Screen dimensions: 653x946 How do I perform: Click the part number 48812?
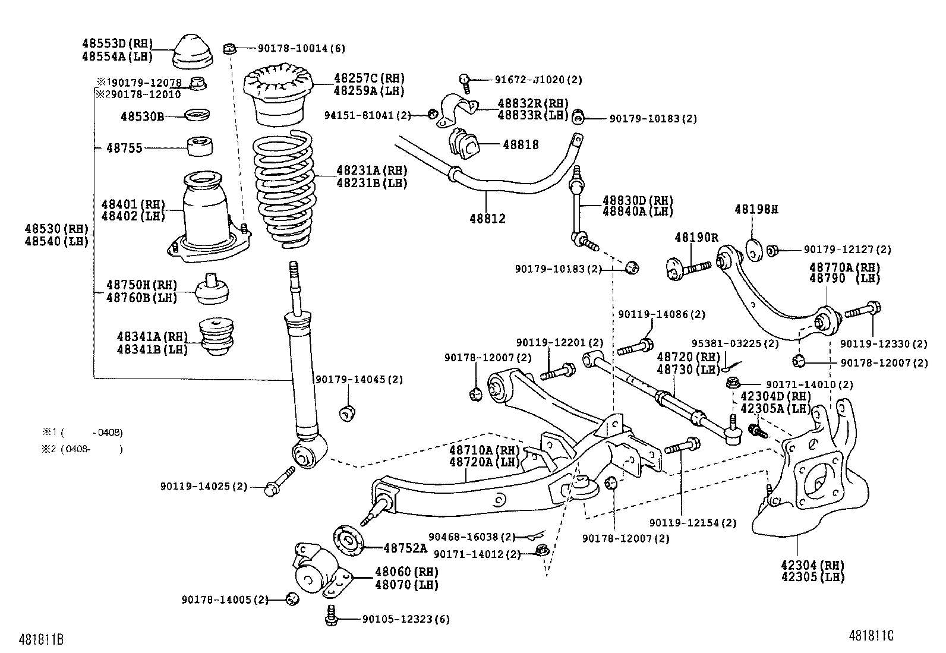[x=487, y=219]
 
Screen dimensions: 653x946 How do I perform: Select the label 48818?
[x=521, y=145]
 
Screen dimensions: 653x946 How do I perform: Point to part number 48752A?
[x=405, y=548]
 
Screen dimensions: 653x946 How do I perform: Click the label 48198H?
[x=756, y=209]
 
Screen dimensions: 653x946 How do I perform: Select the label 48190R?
[x=696, y=238]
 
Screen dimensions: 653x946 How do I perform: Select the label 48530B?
[x=142, y=116]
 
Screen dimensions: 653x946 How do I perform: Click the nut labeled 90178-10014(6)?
[x=230, y=48]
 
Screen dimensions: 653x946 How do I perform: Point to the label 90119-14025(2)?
[x=203, y=486]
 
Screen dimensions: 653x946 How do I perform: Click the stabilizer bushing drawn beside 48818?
[x=464, y=144]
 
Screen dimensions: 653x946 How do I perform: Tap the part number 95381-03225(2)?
[x=734, y=343]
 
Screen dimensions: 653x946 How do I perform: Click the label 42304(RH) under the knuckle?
[x=812, y=564]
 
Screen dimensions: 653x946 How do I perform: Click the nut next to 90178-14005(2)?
[x=291, y=598]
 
